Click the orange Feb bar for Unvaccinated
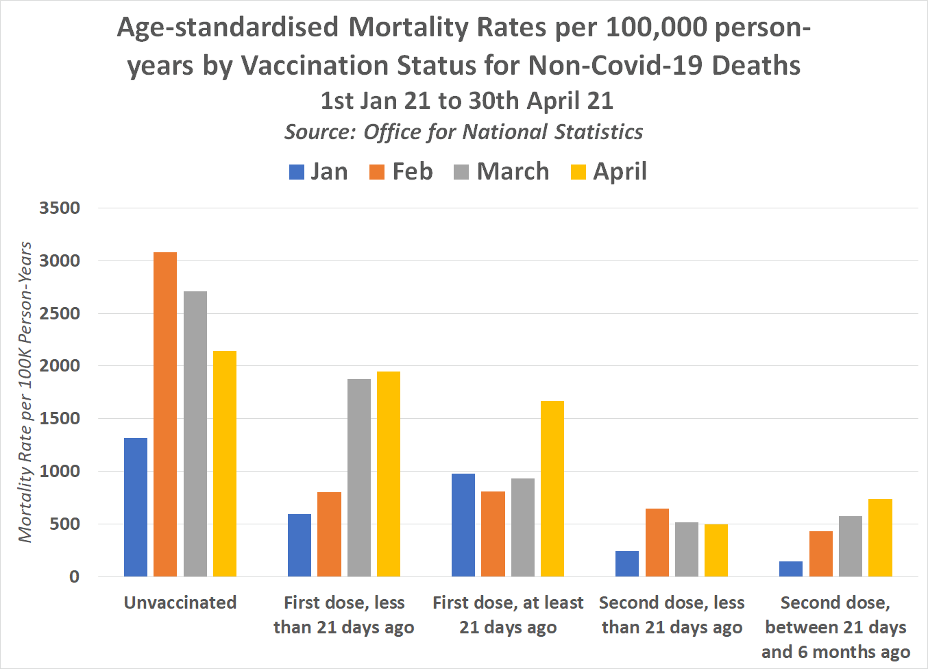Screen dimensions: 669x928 [x=165, y=414]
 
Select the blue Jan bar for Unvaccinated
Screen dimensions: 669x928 [x=136, y=507]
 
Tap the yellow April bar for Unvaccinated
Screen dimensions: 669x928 [x=225, y=463]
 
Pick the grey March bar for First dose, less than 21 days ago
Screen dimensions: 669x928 [x=359, y=478]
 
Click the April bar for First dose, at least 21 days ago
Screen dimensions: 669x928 [x=552, y=489]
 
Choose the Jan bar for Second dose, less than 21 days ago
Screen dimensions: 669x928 [x=627, y=563]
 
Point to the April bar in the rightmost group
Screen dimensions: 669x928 [x=880, y=537]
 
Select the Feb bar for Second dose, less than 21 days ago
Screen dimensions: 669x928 [x=657, y=542]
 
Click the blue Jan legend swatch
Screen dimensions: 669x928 [x=297, y=172]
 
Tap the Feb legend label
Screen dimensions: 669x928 [x=413, y=171]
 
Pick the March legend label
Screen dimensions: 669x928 [x=513, y=171]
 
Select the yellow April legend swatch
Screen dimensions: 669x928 [x=578, y=172]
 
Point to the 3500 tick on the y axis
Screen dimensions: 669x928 [x=60, y=208]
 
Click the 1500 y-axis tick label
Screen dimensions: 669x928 [x=60, y=418]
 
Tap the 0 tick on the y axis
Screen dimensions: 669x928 [x=74, y=576]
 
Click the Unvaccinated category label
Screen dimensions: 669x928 [x=180, y=603]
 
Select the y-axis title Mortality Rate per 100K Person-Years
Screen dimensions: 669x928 [x=26, y=392]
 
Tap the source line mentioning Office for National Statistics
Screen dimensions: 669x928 [x=464, y=132]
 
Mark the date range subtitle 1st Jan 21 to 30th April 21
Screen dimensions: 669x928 [x=467, y=101]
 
